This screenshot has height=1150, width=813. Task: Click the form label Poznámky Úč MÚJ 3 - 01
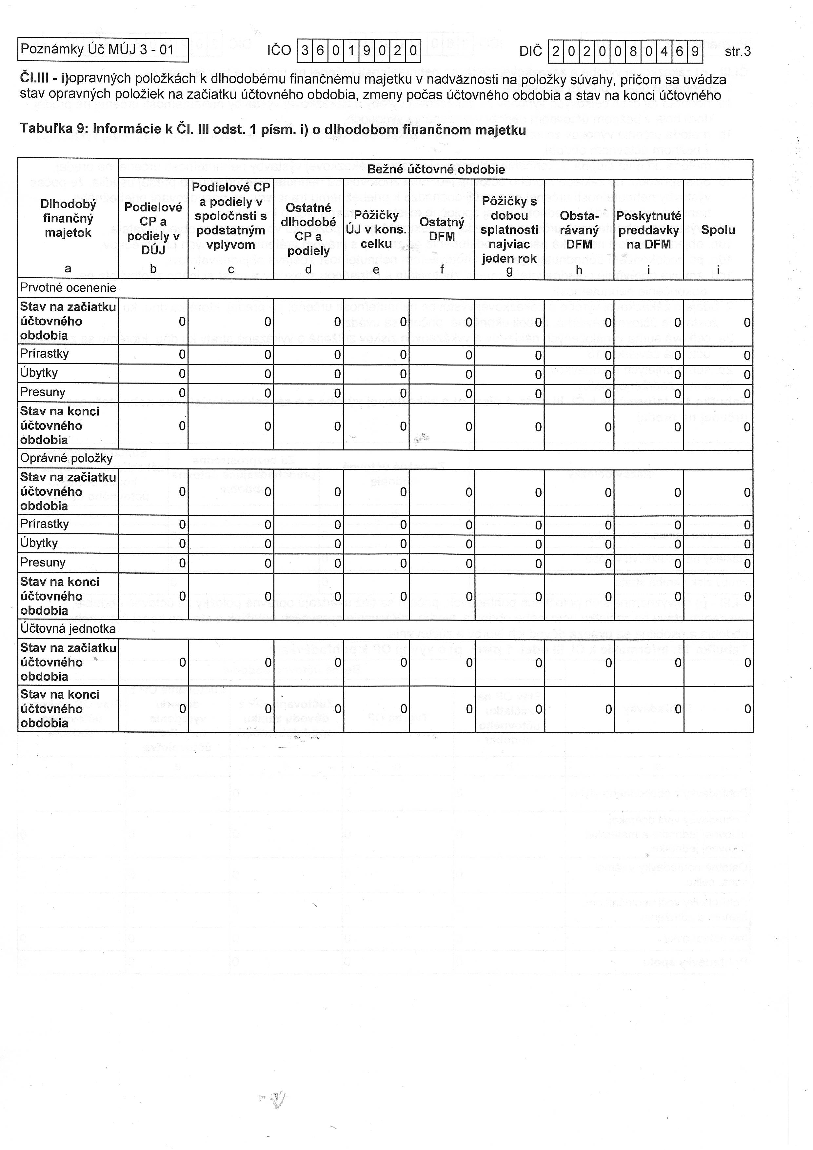[x=97, y=50]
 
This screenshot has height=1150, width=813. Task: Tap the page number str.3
[x=737, y=51]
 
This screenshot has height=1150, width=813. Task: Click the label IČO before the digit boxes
[x=279, y=50]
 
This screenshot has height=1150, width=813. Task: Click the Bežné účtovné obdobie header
[x=435, y=169]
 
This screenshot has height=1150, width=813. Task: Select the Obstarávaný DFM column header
[x=579, y=230]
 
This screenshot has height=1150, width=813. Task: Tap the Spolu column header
[x=718, y=230]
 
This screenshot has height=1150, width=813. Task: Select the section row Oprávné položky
[x=66, y=458]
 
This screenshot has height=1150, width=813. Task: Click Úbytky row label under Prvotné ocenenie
[x=39, y=373]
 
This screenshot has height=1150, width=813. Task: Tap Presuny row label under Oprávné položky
[x=43, y=563]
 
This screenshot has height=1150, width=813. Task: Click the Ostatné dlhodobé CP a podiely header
[x=308, y=229]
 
